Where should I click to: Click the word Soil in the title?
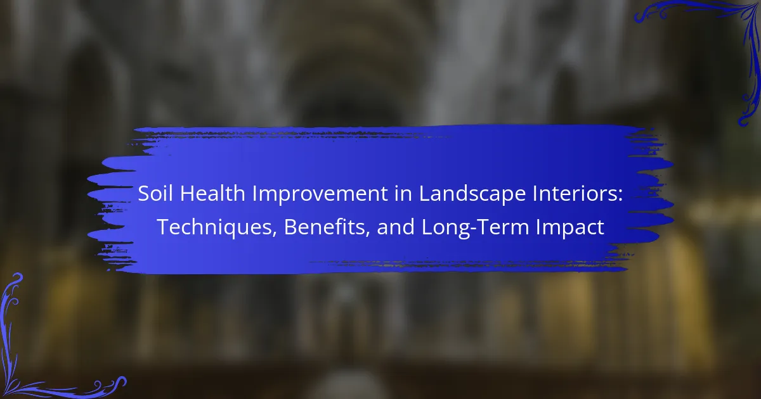click(x=155, y=193)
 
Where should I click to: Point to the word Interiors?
click(x=574, y=193)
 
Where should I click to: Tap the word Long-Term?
click(x=474, y=228)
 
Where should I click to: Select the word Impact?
click(x=569, y=228)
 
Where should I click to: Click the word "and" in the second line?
click(x=396, y=227)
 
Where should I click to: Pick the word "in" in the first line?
click(x=403, y=193)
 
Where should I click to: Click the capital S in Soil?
click(x=144, y=193)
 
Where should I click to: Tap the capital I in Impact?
click(x=538, y=227)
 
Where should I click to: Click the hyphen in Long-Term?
click(x=474, y=229)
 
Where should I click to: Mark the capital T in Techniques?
click(x=164, y=227)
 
